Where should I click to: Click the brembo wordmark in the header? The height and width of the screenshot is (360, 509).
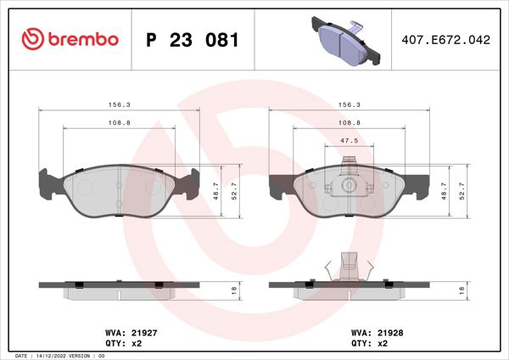pos(83,40)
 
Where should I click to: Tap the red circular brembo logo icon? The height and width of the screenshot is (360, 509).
pos(32,40)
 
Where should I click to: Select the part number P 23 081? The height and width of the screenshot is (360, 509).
pos(193,40)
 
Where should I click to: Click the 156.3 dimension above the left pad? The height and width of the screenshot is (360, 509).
pos(118,104)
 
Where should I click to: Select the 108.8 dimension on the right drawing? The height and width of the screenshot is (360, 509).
pos(346,122)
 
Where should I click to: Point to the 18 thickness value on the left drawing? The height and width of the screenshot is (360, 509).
pos(233,290)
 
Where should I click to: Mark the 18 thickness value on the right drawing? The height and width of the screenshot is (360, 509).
pos(461,290)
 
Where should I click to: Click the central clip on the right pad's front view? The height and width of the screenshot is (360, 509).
pos(348,182)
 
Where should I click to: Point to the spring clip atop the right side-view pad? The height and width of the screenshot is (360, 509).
pos(348,266)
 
